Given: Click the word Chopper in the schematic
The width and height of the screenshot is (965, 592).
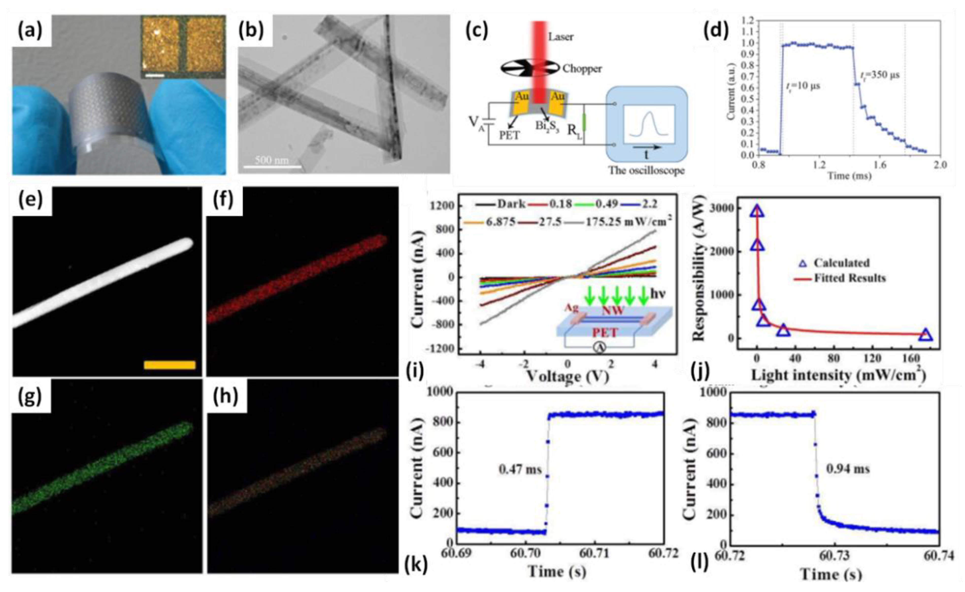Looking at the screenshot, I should (x=582, y=69).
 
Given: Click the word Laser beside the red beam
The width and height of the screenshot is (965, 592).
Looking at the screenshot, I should (x=560, y=37).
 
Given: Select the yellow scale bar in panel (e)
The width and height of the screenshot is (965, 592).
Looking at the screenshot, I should (x=170, y=365).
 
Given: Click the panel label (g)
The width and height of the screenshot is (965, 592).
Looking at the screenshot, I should (x=30, y=397).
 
